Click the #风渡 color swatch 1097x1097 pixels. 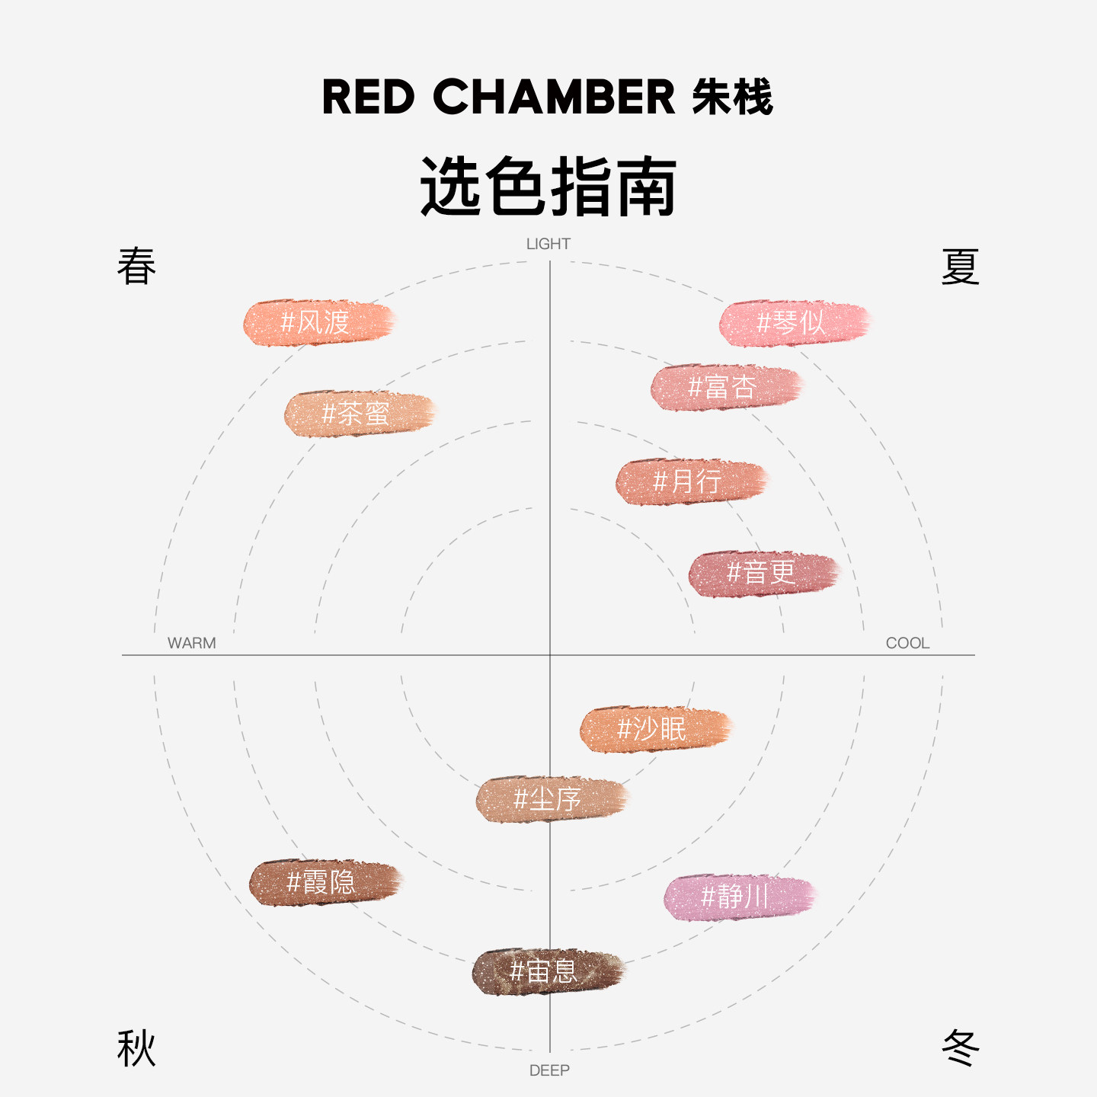318,323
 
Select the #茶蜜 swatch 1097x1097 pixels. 358,414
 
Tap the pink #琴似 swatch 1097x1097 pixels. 794,323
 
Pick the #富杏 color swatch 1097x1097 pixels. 725,388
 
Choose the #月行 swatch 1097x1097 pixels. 690,481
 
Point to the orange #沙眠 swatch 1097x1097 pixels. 654,729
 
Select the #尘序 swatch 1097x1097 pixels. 550,800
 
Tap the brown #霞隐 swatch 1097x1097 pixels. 325,883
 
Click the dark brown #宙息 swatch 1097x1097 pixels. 547,971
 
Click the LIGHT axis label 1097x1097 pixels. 548,244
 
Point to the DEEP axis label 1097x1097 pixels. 549,1070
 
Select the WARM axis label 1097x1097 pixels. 192,643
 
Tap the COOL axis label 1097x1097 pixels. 907,643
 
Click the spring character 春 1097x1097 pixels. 137,267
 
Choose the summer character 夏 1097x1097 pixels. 960,267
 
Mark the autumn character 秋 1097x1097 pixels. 137,1048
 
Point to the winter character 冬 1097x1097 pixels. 960,1048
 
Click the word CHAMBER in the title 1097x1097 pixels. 554,98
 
